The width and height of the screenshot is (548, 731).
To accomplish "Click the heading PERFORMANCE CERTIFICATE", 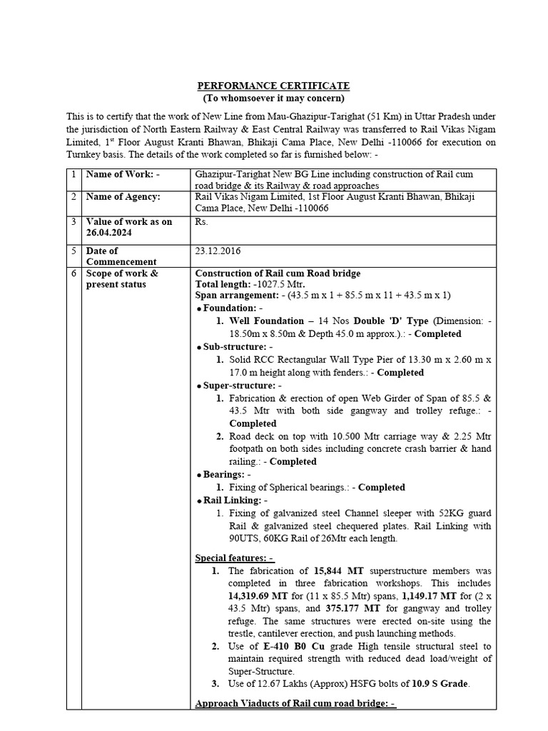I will (x=273, y=86).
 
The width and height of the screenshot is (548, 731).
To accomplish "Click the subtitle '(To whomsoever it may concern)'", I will (x=273, y=98).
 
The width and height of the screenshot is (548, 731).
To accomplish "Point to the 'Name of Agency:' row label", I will (x=123, y=197).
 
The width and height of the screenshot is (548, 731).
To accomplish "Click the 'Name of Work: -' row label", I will (x=123, y=173).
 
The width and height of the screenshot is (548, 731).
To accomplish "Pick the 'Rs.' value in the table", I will (x=201, y=222).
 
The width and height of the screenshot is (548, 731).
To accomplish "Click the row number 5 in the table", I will (x=73, y=251).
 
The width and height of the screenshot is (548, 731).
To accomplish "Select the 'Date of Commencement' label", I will (x=114, y=256).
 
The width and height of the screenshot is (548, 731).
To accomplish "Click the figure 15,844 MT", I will (x=340, y=571).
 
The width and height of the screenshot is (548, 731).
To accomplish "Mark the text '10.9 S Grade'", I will (x=438, y=684).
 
